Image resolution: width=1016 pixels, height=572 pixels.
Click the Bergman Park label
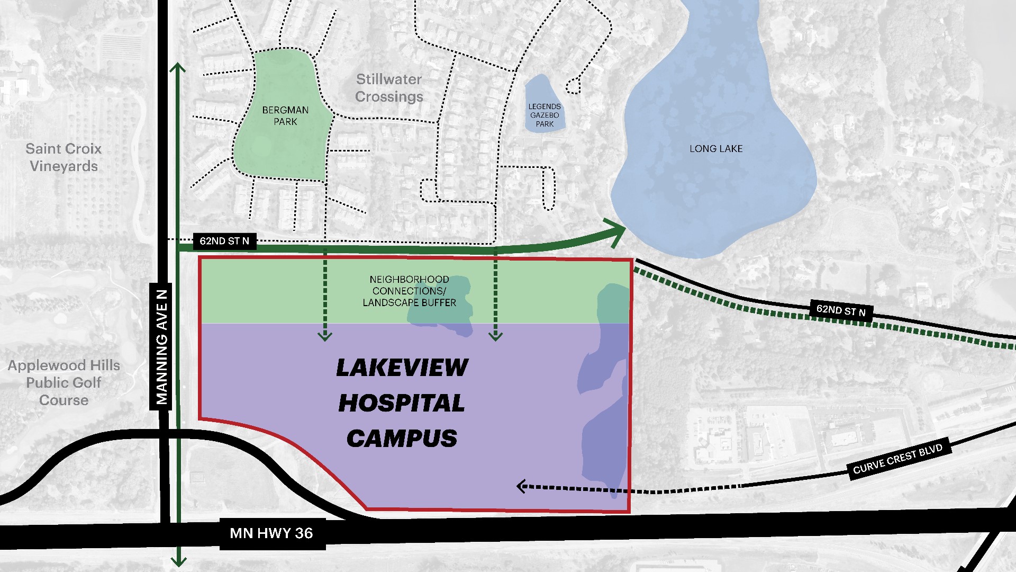click(285, 115)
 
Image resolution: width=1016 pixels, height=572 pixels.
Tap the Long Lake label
click(715, 149)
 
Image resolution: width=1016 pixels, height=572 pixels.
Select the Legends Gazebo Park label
click(544, 115)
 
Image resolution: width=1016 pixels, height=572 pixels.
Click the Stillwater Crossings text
click(389, 88)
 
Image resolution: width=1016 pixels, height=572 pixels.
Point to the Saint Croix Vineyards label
click(63, 157)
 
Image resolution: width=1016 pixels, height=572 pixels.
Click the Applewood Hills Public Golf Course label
click(63, 382)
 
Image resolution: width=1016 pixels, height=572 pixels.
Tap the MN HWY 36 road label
click(271, 533)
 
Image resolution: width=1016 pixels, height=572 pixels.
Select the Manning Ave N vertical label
click(161, 347)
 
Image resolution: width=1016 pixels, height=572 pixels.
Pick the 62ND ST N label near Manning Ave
click(224, 241)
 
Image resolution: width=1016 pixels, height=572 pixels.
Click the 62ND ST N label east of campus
click(840, 310)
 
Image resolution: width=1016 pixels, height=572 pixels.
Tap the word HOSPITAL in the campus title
click(402, 403)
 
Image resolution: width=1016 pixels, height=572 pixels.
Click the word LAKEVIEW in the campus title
click(402, 368)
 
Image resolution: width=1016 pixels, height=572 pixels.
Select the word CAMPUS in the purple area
click(402, 439)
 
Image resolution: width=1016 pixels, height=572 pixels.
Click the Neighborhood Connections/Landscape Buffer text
click(409, 291)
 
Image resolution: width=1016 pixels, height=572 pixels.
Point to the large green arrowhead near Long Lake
click(617, 231)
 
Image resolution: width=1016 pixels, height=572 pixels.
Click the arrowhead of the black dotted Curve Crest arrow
click(521, 486)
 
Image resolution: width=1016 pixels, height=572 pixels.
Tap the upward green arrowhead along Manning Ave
click(178, 68)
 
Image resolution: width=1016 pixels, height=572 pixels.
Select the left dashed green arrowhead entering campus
click(324, 335)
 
